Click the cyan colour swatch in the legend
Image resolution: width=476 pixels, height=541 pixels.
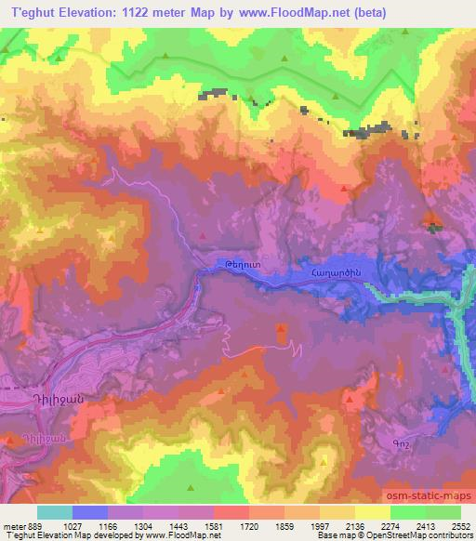(x=54, y=512)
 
